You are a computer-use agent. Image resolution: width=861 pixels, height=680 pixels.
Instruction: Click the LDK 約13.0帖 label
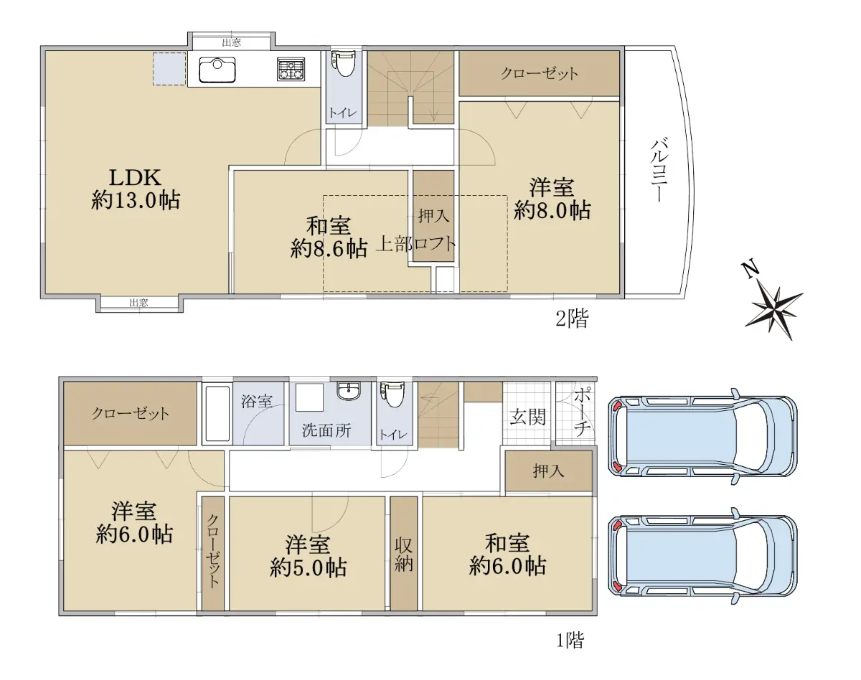point(136,189)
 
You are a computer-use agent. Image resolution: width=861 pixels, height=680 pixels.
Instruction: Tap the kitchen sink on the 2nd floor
point(217,70)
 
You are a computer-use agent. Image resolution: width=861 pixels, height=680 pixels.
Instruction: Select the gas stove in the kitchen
point(291,69)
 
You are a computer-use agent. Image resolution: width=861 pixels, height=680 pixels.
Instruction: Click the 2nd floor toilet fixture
point(343,63)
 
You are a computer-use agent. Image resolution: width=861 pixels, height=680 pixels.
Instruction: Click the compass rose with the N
point(771,302)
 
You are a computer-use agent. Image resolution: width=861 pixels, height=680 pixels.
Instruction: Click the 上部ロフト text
point(416,244)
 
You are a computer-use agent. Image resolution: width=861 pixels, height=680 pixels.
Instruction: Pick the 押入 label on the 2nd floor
point(433,217)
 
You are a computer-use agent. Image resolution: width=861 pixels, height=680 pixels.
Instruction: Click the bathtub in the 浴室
point(217,413)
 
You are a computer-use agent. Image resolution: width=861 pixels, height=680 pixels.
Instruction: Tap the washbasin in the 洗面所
point(349,390)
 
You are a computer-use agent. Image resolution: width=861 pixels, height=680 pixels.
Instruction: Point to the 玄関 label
point(528,418)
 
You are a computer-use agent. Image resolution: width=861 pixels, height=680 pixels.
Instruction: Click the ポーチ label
point(582,412)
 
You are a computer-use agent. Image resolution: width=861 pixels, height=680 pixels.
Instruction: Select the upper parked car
point(702,436)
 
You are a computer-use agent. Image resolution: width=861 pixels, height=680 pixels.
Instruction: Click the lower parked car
point(702,557)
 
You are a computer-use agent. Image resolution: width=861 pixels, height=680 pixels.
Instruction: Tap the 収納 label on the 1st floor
point(403,555)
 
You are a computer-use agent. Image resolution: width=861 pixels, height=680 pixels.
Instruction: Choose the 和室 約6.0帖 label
point(507,554)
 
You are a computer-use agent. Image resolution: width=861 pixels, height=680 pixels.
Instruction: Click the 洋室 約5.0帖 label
point(308,557)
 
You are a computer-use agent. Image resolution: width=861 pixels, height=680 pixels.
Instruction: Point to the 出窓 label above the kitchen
point(232,42)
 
